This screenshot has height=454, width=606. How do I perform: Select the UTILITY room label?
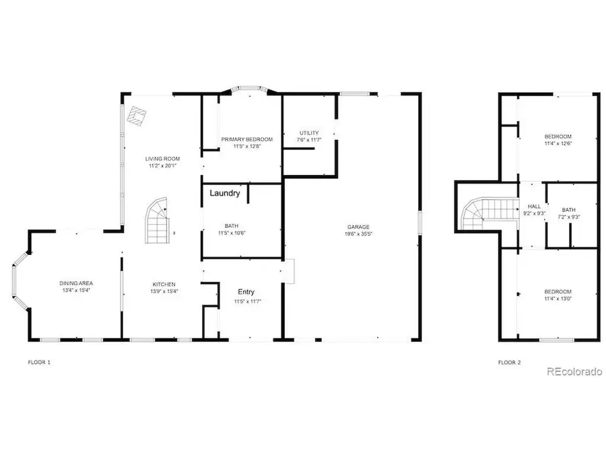(309, 133)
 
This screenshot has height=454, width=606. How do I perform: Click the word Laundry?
(225, 193)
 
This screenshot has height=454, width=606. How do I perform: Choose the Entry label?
(246, 291)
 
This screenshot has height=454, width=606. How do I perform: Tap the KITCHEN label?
(164, 285)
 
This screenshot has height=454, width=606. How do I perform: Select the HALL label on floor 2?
(534, 206)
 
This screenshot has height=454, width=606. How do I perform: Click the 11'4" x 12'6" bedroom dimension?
(558, 143)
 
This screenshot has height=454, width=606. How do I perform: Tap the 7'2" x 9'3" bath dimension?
(569, 217)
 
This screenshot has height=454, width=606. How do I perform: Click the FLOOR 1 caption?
(38, 363)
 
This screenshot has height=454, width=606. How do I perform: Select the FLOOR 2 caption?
(509, 363)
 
